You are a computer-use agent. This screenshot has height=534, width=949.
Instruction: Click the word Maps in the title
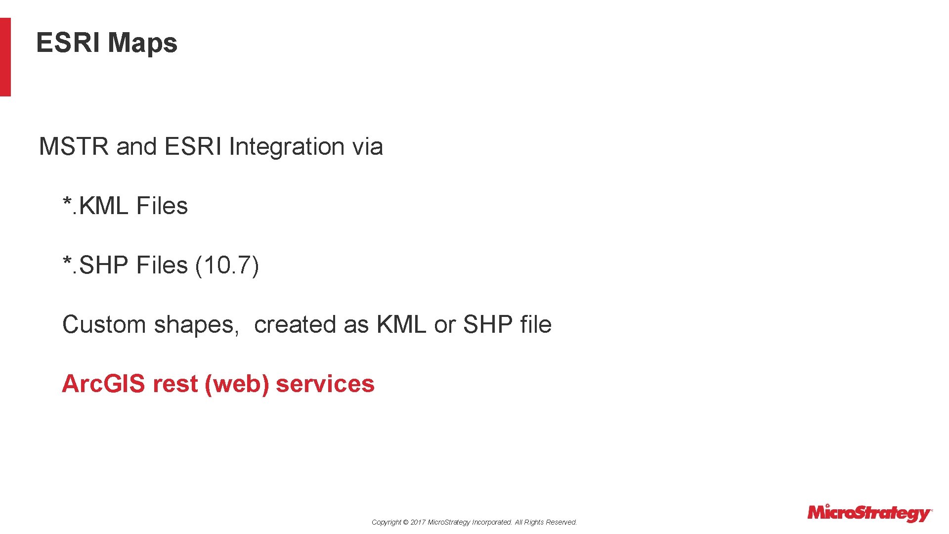click(x=142, y=43)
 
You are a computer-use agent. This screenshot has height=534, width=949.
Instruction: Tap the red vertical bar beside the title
click(x=5, y=57)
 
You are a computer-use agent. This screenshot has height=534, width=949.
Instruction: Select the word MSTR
click(x=74, y=147)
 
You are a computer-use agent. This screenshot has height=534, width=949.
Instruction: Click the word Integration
click(x=286, y=147)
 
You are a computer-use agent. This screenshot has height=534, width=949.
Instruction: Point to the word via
click(x=367, y=147)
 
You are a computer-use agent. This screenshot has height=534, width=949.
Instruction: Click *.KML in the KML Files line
click(x=95, y=206)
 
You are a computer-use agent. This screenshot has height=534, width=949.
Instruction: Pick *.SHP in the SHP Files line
click(x=95, y=266)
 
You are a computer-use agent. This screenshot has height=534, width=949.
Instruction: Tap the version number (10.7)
click(x=227, y=266)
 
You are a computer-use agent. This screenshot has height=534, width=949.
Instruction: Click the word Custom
click(x=104, y=325)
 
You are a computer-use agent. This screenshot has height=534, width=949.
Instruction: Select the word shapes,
click(x=197, y=325)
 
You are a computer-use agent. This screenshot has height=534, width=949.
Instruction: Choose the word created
click(x=295, y=325)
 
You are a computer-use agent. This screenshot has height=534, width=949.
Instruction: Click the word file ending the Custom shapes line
click(x=536, y=325)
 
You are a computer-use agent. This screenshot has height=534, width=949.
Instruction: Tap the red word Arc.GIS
click(x=104, y=384)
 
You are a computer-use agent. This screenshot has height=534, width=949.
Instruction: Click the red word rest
click(x=175, y=384)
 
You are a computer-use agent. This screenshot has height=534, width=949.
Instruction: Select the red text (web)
click(x=237, y=384)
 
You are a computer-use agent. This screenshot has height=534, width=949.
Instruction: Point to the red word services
click(x=325, y=384)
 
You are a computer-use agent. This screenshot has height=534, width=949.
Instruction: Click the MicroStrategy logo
click(x=869, y=513)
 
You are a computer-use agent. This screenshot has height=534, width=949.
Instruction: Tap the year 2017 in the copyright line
click(x=418, y=522)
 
